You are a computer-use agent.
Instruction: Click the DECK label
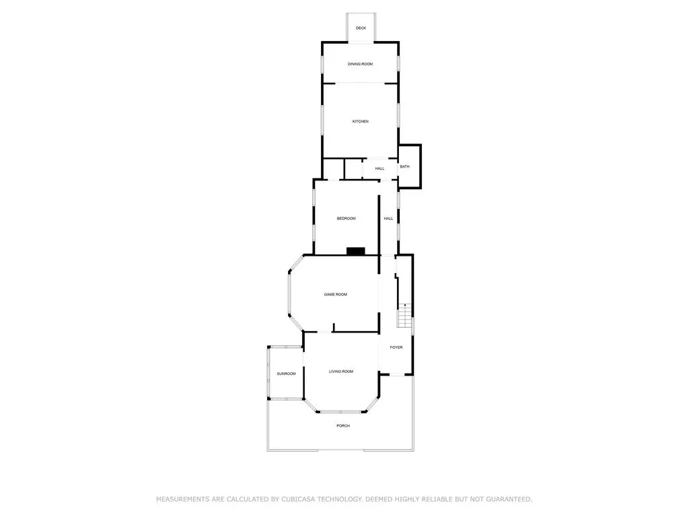[361, 28]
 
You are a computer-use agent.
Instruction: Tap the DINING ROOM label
[361, 64]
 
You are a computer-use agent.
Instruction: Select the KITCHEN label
[361, 121]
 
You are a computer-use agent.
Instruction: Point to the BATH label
[404, 167]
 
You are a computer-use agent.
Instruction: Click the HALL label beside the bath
[379, 168]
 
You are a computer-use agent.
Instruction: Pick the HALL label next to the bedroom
[388, 219]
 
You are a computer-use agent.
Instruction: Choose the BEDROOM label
[347, 219]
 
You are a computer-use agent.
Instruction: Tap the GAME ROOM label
[336, 295]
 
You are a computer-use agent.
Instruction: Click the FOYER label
[396, 347]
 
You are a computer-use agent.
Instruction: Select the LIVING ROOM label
[341, 372]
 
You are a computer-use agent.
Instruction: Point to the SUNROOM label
[286, 374]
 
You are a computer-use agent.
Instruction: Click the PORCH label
[343, 425]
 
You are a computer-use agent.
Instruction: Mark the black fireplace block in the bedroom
[356, 251]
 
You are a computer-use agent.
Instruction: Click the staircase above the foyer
[405, 315]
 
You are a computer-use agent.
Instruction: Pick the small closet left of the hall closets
[334, 169]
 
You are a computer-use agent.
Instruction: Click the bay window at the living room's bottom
[341, 411]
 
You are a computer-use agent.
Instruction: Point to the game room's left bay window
[289, 294]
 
